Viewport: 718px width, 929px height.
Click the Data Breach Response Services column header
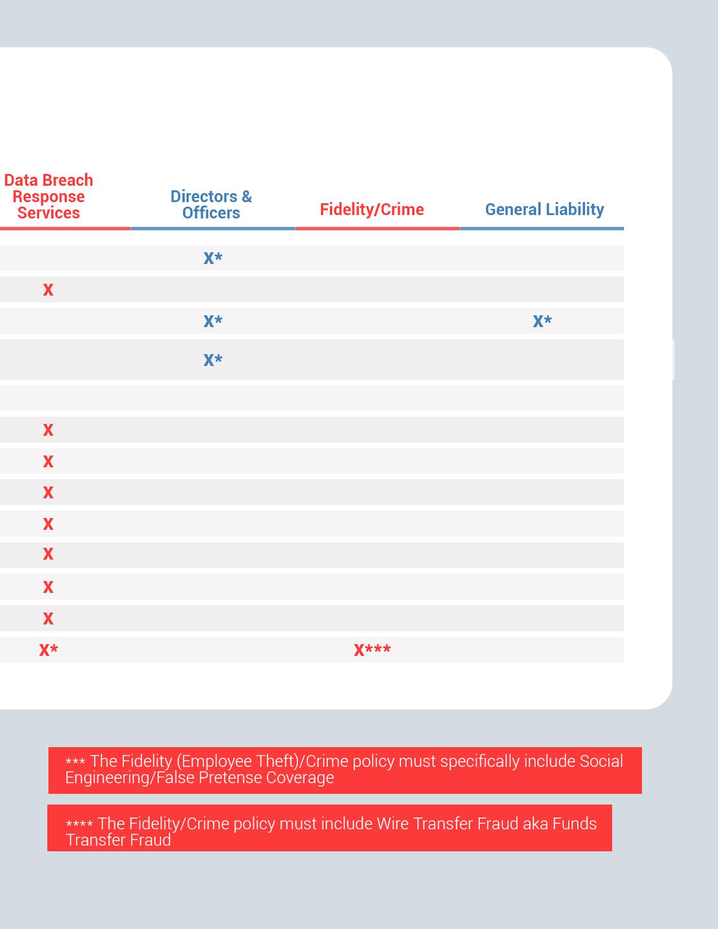click(x=48, y=196)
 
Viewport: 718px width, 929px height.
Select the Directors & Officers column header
click(x=211, y=204)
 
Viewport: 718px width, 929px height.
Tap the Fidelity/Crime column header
click(x=372, y=209)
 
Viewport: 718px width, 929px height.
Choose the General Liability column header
click(x=545, y=209)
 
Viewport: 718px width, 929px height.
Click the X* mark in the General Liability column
click(x=542, y=321)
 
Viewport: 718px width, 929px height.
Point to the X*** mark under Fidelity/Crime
click(x=372, y=650)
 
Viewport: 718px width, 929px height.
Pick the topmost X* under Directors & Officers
click(x=213, y=258)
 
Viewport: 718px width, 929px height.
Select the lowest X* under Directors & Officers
click(x=213, y=360)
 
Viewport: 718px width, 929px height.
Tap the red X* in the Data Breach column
click(x=48, y=650)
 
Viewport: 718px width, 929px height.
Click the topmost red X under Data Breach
click(x=48, y=289)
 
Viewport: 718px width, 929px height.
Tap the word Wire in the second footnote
click(x=393, y=824)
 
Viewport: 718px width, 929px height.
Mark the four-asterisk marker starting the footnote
click(x=79, y=825)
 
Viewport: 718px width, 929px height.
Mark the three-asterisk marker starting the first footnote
click(x=75, y=762)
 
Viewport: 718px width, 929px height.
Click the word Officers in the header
click(x=211, y=213)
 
